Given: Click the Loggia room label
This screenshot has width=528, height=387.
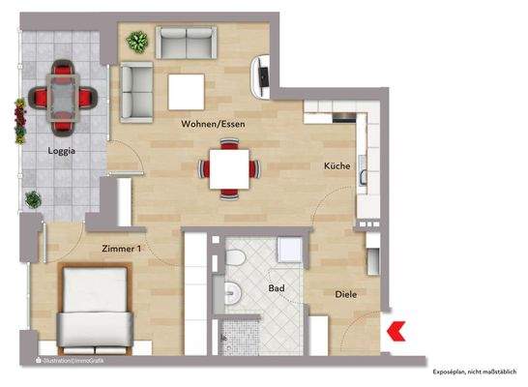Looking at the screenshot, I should tap(63, 151).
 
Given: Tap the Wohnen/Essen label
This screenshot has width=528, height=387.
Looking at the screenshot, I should tap(212, 125).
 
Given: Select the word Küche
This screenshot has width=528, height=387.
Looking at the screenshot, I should tap(337, 166).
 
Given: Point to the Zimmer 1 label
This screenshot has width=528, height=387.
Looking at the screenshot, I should tap(122, 249).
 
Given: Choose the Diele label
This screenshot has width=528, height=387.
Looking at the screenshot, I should tap(348, 294).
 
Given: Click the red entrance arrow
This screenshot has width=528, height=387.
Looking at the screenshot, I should tap(395, 332).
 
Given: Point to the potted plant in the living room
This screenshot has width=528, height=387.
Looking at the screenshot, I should tap(138, 43).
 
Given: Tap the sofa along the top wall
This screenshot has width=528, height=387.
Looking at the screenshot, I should tap(187, 43).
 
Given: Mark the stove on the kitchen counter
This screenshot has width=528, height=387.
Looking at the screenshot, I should tap(344, 118).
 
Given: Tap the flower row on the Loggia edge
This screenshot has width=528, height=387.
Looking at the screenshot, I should tap(19, 120).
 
